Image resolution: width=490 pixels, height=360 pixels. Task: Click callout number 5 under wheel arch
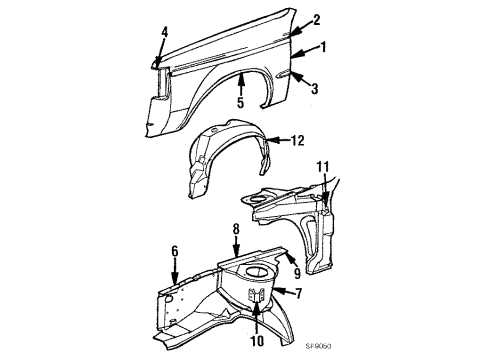[240, 100]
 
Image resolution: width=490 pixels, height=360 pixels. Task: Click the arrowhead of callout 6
[174, 282]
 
